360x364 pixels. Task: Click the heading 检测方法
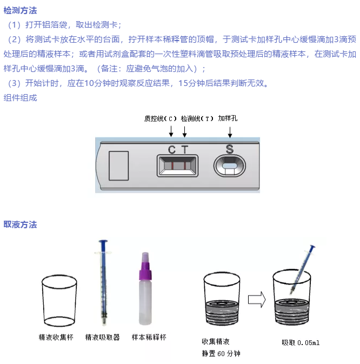point(20,10)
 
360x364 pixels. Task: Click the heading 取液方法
point(20,224)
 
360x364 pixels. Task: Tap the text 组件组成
point(20,98)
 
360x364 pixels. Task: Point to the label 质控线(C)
point(161,118)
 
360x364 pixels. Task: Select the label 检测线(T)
point(197,118)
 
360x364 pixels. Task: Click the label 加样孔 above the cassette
point(228,118)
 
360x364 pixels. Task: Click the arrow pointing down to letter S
point(230,132)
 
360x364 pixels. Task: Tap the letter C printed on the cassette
point(172,150)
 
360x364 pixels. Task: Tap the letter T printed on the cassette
point(185,150)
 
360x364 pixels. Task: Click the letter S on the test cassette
point(230,149)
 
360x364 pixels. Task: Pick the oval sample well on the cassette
point(229,166)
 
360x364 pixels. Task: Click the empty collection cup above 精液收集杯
point(59,301)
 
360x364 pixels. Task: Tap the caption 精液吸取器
point(103,337)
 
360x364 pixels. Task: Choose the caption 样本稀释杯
point(149,337)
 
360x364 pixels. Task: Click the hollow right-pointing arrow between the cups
point(257,300)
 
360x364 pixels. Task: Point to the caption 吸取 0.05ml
point(301,343)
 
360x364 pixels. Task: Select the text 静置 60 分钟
point(221,354)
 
